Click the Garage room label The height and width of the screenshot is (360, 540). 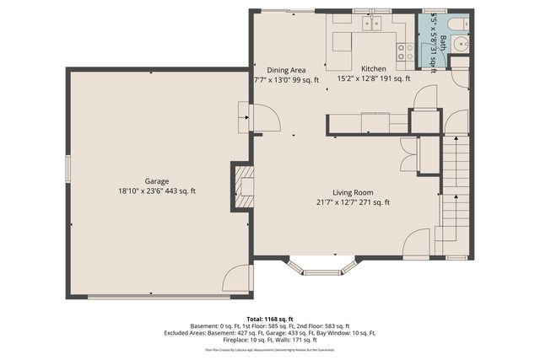coord(157,181)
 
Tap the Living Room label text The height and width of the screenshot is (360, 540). coord(352,191)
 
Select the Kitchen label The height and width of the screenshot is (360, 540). coord(373,68)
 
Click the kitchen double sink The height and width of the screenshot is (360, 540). coord(370,24)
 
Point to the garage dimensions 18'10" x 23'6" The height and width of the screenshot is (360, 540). coord(157,191)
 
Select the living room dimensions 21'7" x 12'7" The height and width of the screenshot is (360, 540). coord(352,201)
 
